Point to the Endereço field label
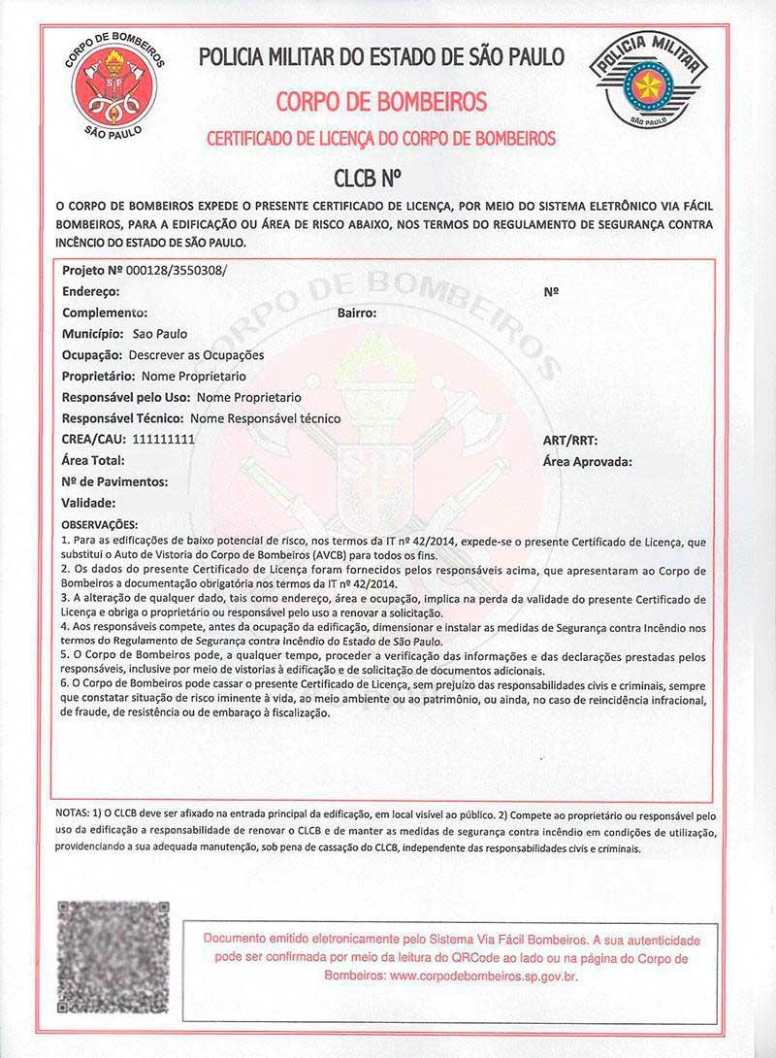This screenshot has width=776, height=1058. tap(90, 290)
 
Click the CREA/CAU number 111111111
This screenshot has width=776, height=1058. tap(163, 440)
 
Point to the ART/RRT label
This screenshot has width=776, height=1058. tap(570, 440)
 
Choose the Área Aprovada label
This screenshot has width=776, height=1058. tap(588, 461)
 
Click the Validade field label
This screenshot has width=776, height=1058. tap(88, 503)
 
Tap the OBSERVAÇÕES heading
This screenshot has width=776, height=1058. tap(100, 525)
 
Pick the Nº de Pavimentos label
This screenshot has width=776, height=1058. tap(114, 481)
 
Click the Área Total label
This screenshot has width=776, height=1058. tap(93, 461)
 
